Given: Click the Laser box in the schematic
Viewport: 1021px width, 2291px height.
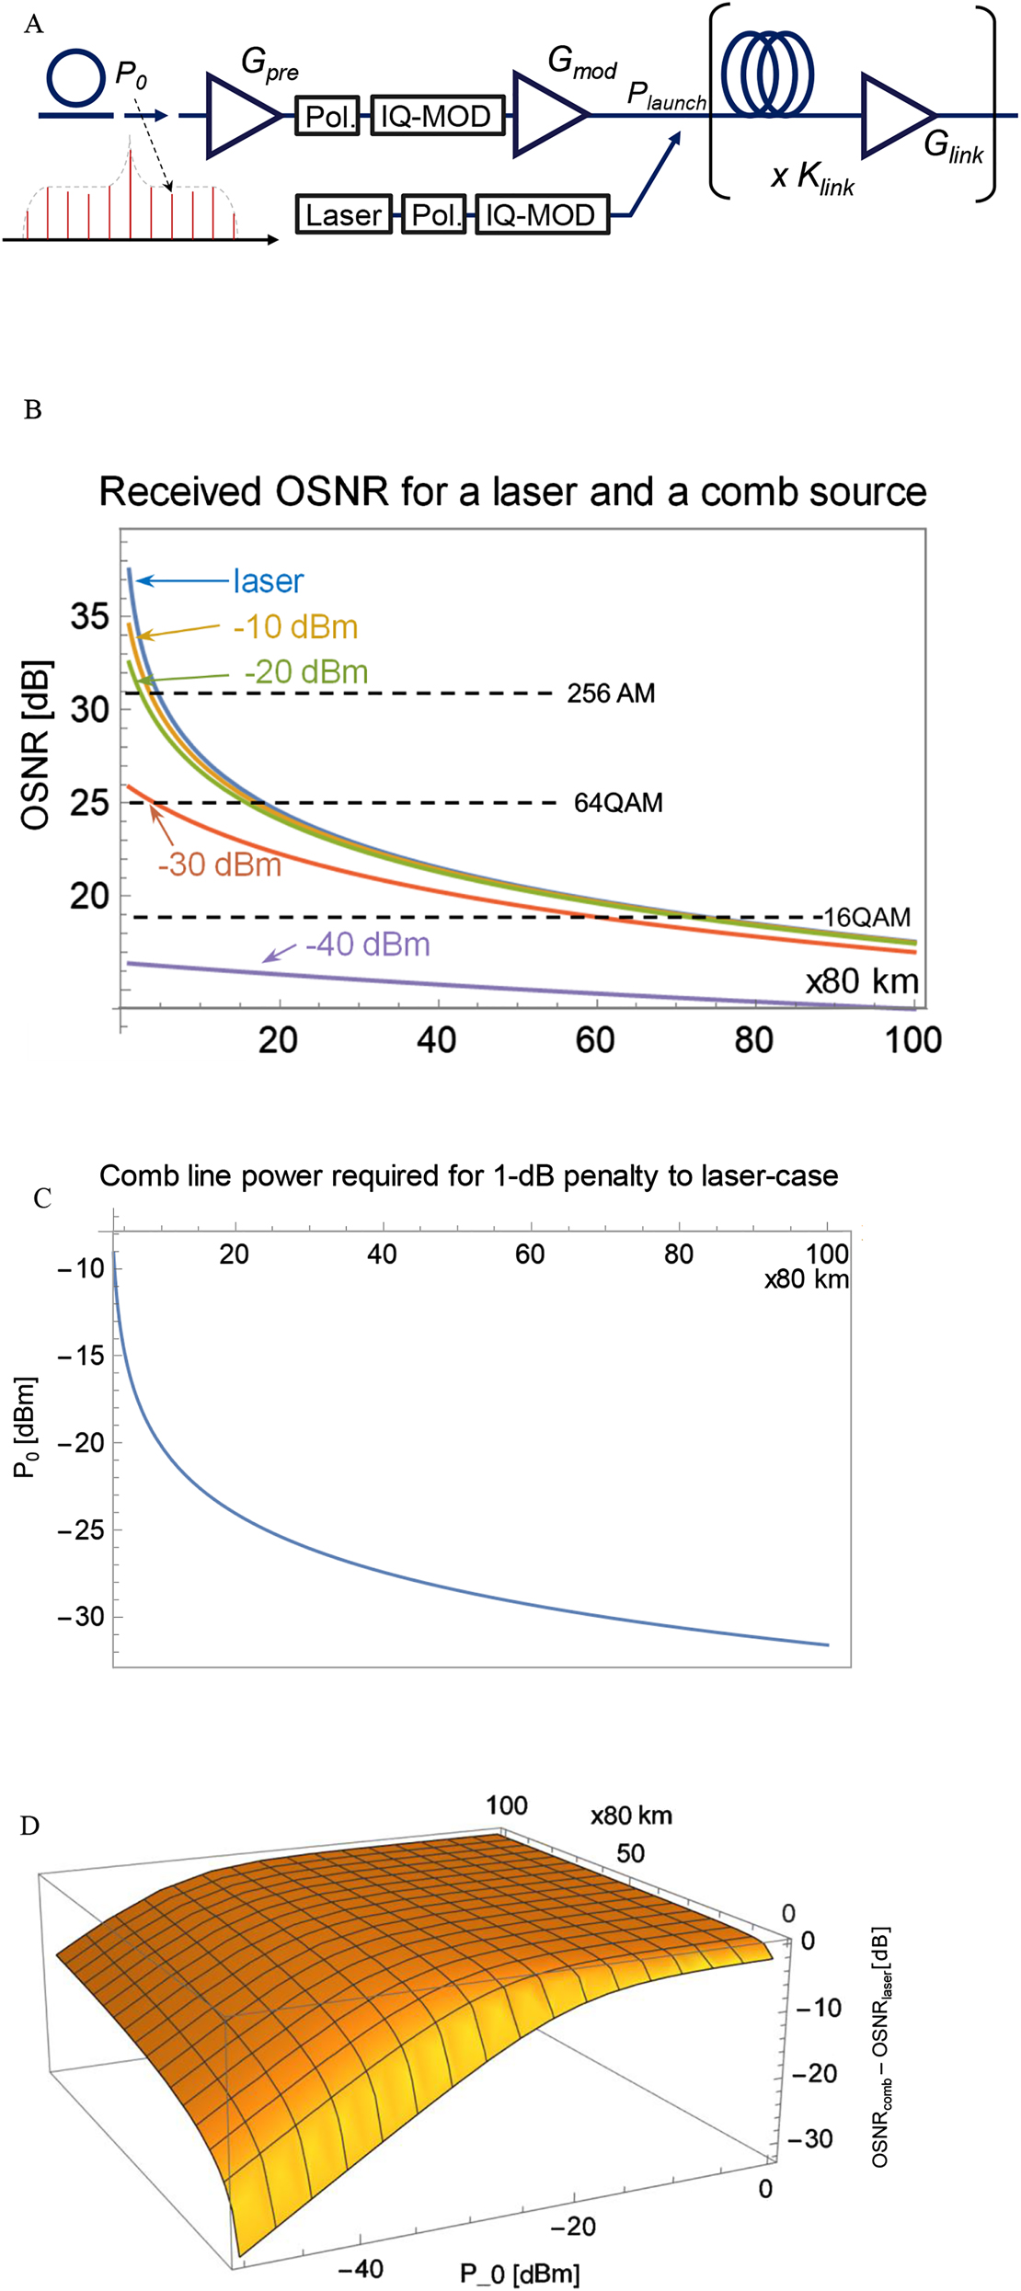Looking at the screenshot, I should coord(343,214).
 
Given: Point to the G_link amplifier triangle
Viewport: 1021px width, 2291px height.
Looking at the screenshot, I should coord(894,116).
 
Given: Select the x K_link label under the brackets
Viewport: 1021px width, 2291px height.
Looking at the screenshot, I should coord(812,176).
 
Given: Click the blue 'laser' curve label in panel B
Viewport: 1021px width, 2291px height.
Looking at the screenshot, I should coord(268,581).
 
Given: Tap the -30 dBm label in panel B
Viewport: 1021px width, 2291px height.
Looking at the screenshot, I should coord(219,865).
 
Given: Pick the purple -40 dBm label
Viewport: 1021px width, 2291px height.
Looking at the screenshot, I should coord(367,945).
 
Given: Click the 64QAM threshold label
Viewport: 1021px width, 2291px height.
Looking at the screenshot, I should coord(618,803).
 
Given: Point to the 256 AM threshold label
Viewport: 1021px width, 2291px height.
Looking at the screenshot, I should coord(611,693).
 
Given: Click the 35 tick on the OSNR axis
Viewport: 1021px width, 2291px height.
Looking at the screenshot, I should coord(90,616).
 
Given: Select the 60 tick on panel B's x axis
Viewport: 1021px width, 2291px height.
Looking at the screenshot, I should coord(595,1040).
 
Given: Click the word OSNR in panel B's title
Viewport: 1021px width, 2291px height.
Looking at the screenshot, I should coord(333,492).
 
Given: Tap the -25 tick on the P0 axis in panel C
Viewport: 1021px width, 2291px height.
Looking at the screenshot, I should coord(80,1529).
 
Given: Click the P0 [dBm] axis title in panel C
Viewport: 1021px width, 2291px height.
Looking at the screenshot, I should coord(26,1427).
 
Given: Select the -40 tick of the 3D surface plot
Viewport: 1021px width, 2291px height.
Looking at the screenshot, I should coord(360,2268).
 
